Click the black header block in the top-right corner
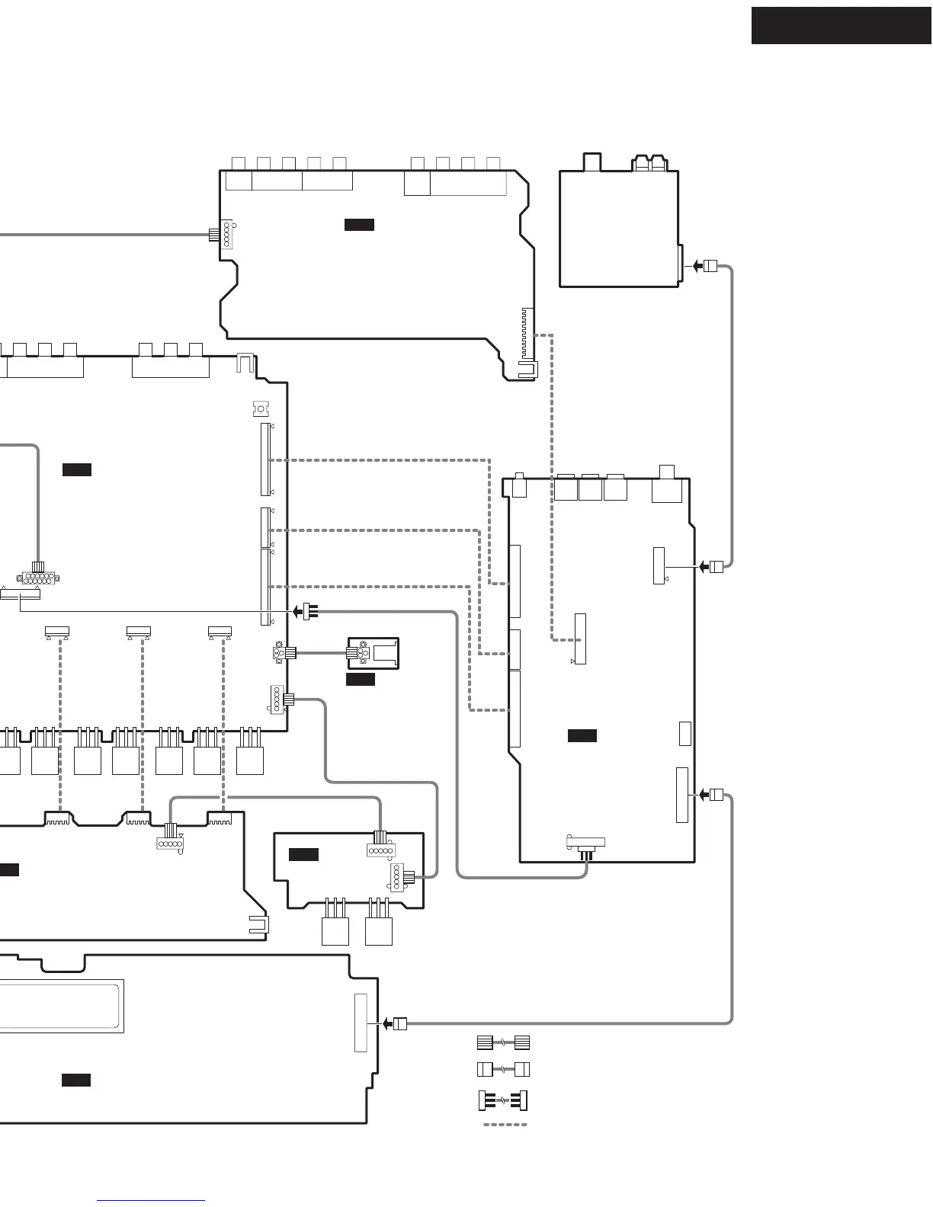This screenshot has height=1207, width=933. coord(841,26)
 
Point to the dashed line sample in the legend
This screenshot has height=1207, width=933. coord(505,1124)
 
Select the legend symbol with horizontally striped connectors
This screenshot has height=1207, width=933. coord(503,1042)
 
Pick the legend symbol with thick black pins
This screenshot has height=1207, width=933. coord(503,1101)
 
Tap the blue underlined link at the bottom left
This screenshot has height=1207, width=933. coord(151,1201)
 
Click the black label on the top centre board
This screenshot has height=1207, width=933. coord(359,225)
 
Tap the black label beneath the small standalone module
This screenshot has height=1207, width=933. coord(361,680)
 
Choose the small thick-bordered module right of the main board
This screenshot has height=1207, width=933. coord(374,653)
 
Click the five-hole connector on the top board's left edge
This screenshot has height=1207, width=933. coord(226,234)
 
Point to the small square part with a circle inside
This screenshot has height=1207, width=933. coord(261,409)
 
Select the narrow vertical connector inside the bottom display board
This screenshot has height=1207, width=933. coord(361,1023)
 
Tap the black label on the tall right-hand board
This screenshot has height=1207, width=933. coord(582,735)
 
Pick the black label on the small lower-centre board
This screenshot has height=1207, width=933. coord(303,855)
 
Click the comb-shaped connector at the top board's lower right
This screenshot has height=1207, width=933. coord(526,335)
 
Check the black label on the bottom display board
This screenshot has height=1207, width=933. coord(76,1080)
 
